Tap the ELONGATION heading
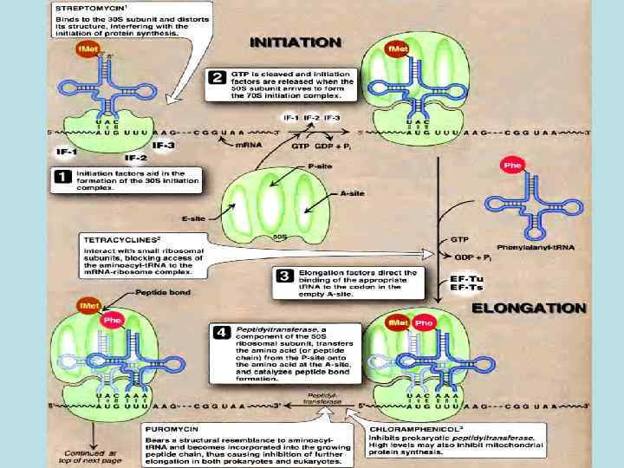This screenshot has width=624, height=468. point(529,309)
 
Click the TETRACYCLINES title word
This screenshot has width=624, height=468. point(121,237)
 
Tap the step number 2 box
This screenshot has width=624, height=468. point(218,78)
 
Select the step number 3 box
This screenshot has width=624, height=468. point(283,276)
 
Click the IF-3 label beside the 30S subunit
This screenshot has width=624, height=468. point(164,146)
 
